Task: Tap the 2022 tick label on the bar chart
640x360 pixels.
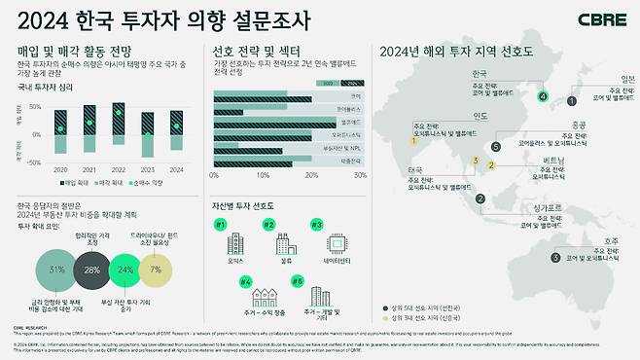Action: click(x=119, y=167)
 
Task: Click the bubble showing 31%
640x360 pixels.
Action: click(x=56, y=269)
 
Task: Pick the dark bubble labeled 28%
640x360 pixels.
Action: click(x=92, y=269)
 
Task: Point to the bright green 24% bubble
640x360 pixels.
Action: click(x=126, y=269)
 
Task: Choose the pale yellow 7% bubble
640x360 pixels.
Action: click(x=157, y=269)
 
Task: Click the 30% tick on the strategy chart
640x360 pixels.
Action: click(x=360, y=176)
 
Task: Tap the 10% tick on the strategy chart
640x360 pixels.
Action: click(x=262, y=176)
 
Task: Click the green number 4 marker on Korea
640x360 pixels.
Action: click(x=544, y=96)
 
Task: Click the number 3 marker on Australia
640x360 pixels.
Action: click(x=555, y=258)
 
